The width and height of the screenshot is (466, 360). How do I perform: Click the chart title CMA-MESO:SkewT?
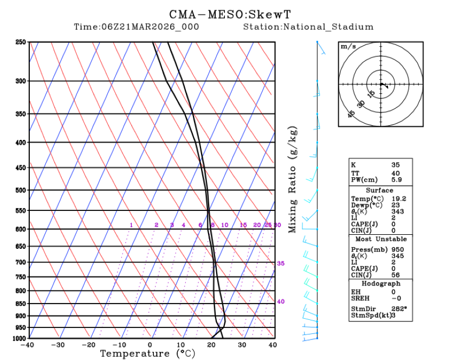[x=234, y=14]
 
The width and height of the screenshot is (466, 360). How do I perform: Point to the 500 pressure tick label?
[x=21, y=190]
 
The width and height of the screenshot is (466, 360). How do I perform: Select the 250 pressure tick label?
[x=21, y=42]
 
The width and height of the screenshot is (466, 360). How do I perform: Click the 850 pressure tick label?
[x=21, y=304]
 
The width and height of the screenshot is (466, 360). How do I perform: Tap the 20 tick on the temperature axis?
[x=211, y=344]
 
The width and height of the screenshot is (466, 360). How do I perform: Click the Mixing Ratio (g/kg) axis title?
[x=293, y=181]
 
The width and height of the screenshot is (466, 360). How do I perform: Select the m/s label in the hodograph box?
[x=348, y=47]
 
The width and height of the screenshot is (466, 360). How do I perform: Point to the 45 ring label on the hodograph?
[x=352, y=114]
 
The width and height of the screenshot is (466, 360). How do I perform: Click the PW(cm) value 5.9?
[x=397, y=179]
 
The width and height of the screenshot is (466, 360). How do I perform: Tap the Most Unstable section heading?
[x=380, y=239]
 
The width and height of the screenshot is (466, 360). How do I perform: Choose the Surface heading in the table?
[x=379, y=190]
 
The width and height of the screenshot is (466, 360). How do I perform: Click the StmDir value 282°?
[x=399, y=309]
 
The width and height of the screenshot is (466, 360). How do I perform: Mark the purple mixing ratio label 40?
[x=281, y=301]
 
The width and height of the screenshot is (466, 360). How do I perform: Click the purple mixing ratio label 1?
[x=131, y=225]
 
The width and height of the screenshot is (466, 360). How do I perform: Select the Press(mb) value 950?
[x=397, y=249]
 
